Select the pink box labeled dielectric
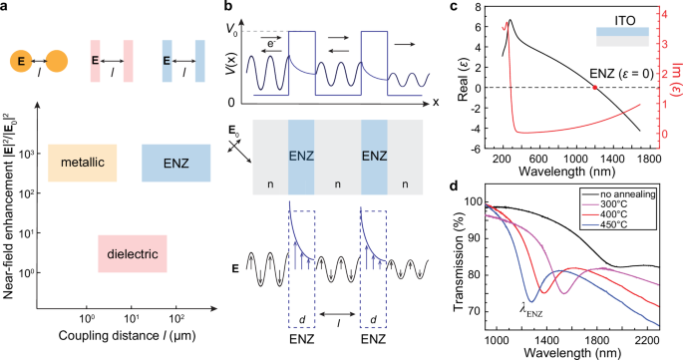coord(132,254)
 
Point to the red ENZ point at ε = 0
coord(595,88)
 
